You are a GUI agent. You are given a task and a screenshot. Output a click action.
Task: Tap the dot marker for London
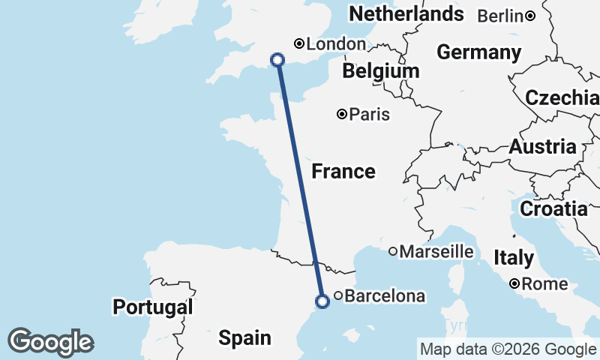[x=299, y=43]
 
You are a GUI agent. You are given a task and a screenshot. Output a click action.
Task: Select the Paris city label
[x=369, y=115]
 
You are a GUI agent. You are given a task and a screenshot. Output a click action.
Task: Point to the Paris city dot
[x=342, y=115]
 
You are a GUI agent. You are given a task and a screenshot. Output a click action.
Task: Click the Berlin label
[x=500, y=15]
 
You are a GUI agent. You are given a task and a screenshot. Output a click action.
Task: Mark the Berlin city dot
[x=529, y=15]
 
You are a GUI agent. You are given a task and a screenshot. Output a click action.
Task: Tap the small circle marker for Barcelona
[x=338, y=296]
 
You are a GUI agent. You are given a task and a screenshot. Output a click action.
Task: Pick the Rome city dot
[x=514, y=283]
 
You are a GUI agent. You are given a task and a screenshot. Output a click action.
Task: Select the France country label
[x=343, y=172]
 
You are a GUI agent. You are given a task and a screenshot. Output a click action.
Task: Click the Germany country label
[x=478, y=52]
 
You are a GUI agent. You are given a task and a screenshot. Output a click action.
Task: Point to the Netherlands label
[x=406, y=13]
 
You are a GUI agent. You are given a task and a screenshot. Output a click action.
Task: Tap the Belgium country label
[x=380, y=71]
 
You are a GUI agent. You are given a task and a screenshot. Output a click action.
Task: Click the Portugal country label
[x=153, y=307]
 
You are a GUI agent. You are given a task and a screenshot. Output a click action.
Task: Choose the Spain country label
[x=244, y=338]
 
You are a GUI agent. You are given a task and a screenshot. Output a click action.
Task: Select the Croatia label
[x=553, y=209]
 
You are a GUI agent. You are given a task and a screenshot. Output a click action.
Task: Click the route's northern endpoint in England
[x=277, y=60]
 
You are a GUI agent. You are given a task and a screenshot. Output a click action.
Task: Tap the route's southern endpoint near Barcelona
[x=322, y=301]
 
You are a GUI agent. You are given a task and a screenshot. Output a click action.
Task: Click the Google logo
[x=50, y=342]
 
